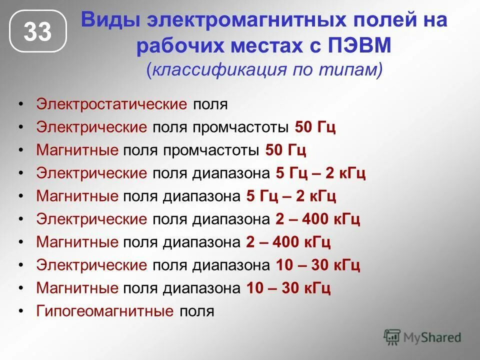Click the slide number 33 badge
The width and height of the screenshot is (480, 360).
click(x=37, y=32)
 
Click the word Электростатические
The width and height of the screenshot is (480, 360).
click(x=111, y=104)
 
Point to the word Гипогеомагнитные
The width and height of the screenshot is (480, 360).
click(x=105, y=311)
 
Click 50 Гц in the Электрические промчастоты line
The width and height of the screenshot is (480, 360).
click(x=315, y=127)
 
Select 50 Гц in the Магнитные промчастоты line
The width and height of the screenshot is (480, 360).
click(x=285, y=150)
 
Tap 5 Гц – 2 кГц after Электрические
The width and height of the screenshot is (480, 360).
click(x=320, y=173)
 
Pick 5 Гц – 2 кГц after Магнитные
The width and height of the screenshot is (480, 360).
click(x=291, y=196)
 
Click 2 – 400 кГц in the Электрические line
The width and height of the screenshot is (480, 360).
click(x=317, y=219)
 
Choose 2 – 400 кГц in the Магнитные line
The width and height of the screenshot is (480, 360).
click(x=288, y=242)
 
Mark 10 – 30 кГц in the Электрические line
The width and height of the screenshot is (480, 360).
click(x=317, y=265)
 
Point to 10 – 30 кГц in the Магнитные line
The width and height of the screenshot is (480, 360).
click(x=288, y=288)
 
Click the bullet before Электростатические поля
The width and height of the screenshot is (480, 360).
click(x=20, y=104)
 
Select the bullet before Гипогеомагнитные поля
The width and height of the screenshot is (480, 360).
click(x=20, y=311)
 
